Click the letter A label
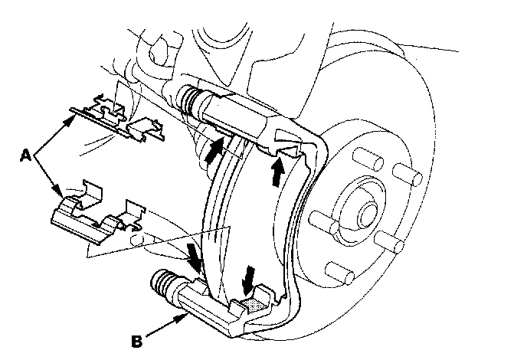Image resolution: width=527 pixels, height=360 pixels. (25, 155)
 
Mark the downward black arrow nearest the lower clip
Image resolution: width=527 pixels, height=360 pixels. (195, 257)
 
